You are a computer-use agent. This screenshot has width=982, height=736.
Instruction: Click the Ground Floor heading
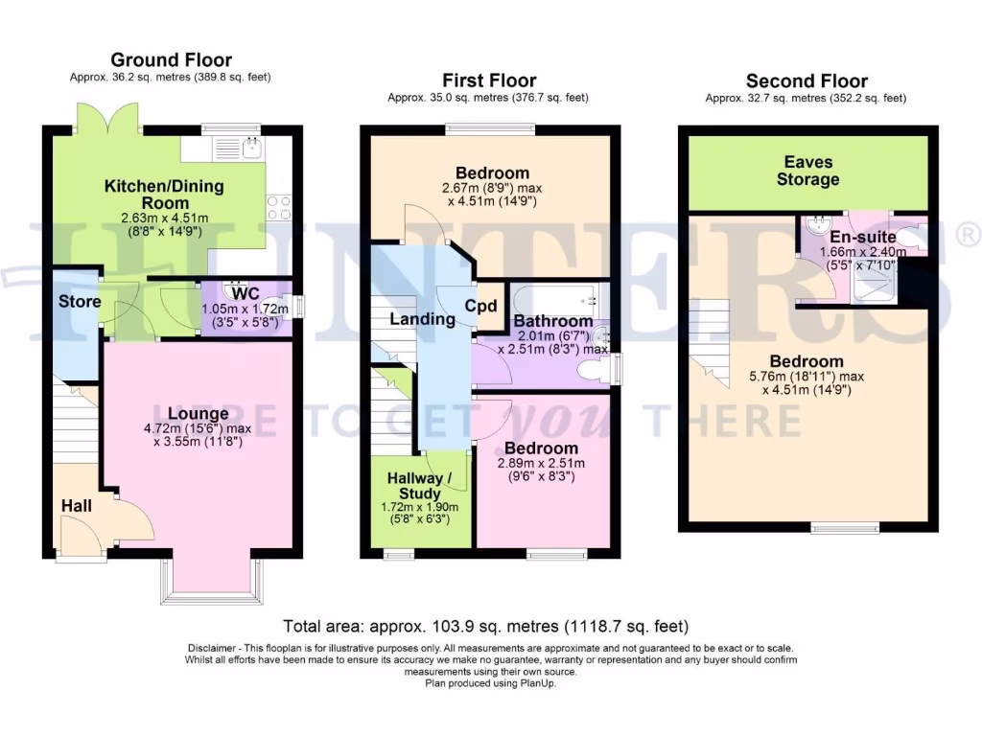(171, 60)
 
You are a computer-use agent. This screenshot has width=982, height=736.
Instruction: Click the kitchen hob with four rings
(278, 208)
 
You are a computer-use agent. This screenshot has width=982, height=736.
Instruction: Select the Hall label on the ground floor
(77, 504)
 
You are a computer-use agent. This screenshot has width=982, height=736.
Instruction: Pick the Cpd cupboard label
(480, 307)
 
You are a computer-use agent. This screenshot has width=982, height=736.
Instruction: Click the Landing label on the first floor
(422, 319)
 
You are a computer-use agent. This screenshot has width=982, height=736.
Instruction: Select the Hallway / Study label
(422, 486)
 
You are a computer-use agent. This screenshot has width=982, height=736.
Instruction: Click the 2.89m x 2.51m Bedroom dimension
(541, 464)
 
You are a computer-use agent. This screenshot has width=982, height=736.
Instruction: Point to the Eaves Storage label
(807, 171)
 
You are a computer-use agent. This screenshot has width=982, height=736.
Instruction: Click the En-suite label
(862, 237)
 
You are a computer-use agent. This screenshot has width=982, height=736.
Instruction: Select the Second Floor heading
(807, 80)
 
